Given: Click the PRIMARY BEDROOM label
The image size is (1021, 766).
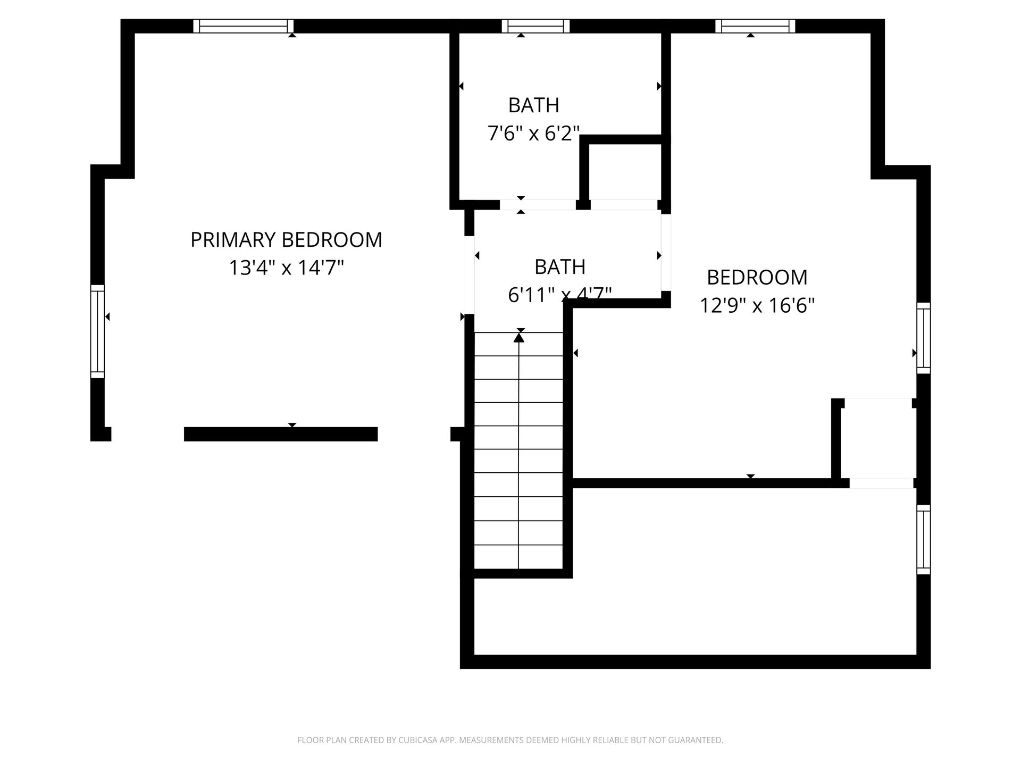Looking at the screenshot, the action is click(x=286, y=240).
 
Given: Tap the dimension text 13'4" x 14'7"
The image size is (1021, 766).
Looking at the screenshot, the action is click(x=286, y=268).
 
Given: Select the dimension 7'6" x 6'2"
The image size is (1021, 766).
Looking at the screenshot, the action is click(x=533, y=133).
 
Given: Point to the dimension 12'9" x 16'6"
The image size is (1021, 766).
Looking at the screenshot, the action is click(x=757, y=305).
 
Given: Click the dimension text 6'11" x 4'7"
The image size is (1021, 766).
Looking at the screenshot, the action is click(x=560, y=294).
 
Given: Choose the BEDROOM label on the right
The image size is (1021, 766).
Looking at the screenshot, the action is click(x=757, y=277).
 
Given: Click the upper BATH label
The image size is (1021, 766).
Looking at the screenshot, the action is click(x=534, y=105).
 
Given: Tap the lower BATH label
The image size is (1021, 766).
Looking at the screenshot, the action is click(x=560, y=267).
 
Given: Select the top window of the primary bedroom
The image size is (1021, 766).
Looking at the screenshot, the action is click(x=243, y=26).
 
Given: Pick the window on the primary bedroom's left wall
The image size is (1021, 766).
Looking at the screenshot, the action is click(x=97, y=331).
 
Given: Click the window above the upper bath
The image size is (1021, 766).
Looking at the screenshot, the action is click(x=535, y=26).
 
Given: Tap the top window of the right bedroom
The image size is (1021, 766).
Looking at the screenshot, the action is click(x=755, y=26).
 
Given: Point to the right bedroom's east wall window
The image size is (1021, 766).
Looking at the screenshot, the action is click(x=924, y=338).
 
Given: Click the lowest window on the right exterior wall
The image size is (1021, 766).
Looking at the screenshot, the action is click(x=924, y=539).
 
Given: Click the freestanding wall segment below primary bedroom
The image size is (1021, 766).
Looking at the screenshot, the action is click(x=281, y=434).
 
